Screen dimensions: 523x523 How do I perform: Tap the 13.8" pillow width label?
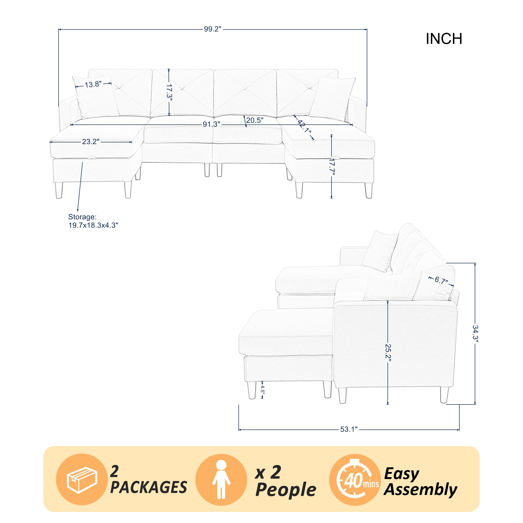tap(93, 84)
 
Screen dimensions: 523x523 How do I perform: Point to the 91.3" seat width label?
tap(211, 124)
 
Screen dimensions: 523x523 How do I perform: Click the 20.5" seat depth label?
tap(255, 120)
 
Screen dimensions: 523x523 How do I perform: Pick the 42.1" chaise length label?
tap(304, 126)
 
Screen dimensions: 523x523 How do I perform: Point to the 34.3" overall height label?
tap(475, 334)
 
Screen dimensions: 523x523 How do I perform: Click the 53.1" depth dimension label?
tap(349, 429)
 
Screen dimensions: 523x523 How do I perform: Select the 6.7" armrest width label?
tap(441, 281)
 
